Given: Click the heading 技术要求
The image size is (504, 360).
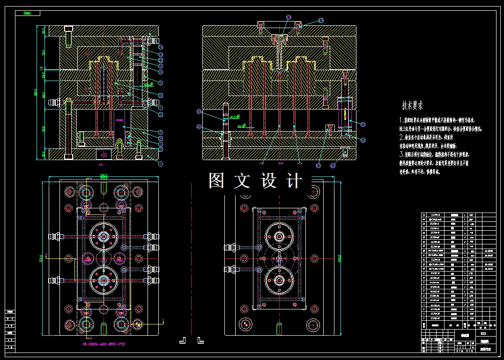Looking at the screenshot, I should pos(412,105).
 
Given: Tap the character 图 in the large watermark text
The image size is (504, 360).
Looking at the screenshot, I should pos(216,181).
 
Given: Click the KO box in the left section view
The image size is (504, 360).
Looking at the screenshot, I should pos(104,154).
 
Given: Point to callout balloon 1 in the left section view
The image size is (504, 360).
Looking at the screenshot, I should pos(160,164).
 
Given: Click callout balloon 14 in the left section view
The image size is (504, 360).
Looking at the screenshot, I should pos(160,47).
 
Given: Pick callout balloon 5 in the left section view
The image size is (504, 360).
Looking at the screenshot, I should pos(160,132).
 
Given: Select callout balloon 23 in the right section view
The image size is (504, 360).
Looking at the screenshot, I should pos(199,111).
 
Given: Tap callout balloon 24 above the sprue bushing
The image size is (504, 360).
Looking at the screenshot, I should pos(321,20).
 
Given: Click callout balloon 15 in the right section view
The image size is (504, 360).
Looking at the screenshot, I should pos(363,123).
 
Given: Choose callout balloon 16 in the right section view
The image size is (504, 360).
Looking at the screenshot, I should pos(363,139).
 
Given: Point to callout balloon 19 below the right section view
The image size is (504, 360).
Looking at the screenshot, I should pos(319,165).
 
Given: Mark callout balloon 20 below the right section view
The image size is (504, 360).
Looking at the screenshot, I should pos(333,165).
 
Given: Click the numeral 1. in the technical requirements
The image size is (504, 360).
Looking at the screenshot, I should pos(401,120).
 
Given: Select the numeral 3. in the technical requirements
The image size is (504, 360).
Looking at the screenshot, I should pos(401,154).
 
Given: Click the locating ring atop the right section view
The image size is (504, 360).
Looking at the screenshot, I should pos(279,23).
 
